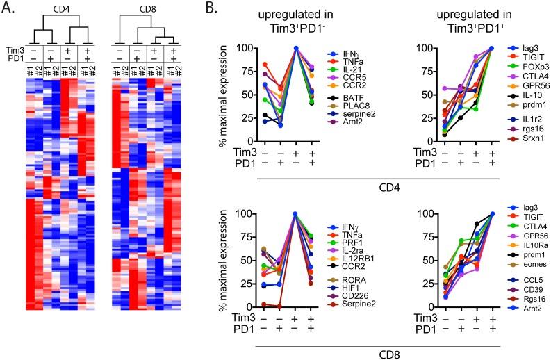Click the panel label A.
click(8, 9)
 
